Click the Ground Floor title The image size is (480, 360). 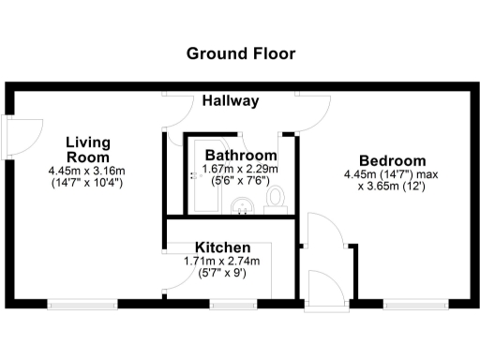tap(241, 53)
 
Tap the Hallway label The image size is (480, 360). tap(232, 100)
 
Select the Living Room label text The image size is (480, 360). tap(88, 149)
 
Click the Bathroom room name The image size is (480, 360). tap(241, 156)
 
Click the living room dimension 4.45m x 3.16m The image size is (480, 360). tap(87, 171)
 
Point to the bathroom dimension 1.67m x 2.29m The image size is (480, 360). tap(241, 171)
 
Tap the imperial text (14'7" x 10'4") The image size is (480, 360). tap(87, 183)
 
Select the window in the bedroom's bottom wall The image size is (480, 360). tap(415, 304)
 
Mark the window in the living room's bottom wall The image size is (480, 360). tap(82, 304)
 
